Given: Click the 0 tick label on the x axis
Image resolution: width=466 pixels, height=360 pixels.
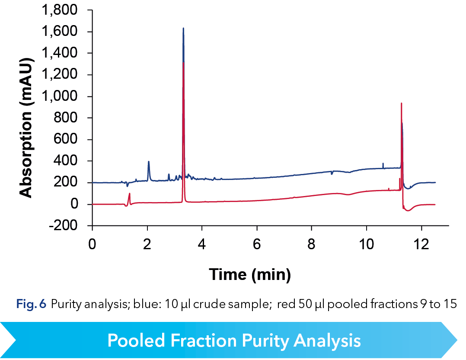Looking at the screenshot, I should pos(92,243).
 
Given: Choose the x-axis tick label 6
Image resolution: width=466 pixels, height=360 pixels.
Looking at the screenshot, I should pos(257,243).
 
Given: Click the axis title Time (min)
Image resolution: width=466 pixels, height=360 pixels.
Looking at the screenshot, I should pos(250,273).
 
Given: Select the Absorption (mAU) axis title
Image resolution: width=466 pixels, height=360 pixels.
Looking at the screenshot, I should pos(26,118).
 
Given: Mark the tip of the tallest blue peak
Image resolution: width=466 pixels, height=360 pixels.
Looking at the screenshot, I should pos(183,29).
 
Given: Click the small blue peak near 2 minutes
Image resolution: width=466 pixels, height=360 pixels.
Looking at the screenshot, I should pos(149,162).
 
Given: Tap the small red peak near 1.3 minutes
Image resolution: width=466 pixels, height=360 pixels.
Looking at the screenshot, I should pos(129,194).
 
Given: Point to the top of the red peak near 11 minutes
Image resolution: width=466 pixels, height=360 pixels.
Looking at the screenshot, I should pos(402,103).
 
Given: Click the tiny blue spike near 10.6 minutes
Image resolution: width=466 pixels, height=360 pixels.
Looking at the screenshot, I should pos(383,164).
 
